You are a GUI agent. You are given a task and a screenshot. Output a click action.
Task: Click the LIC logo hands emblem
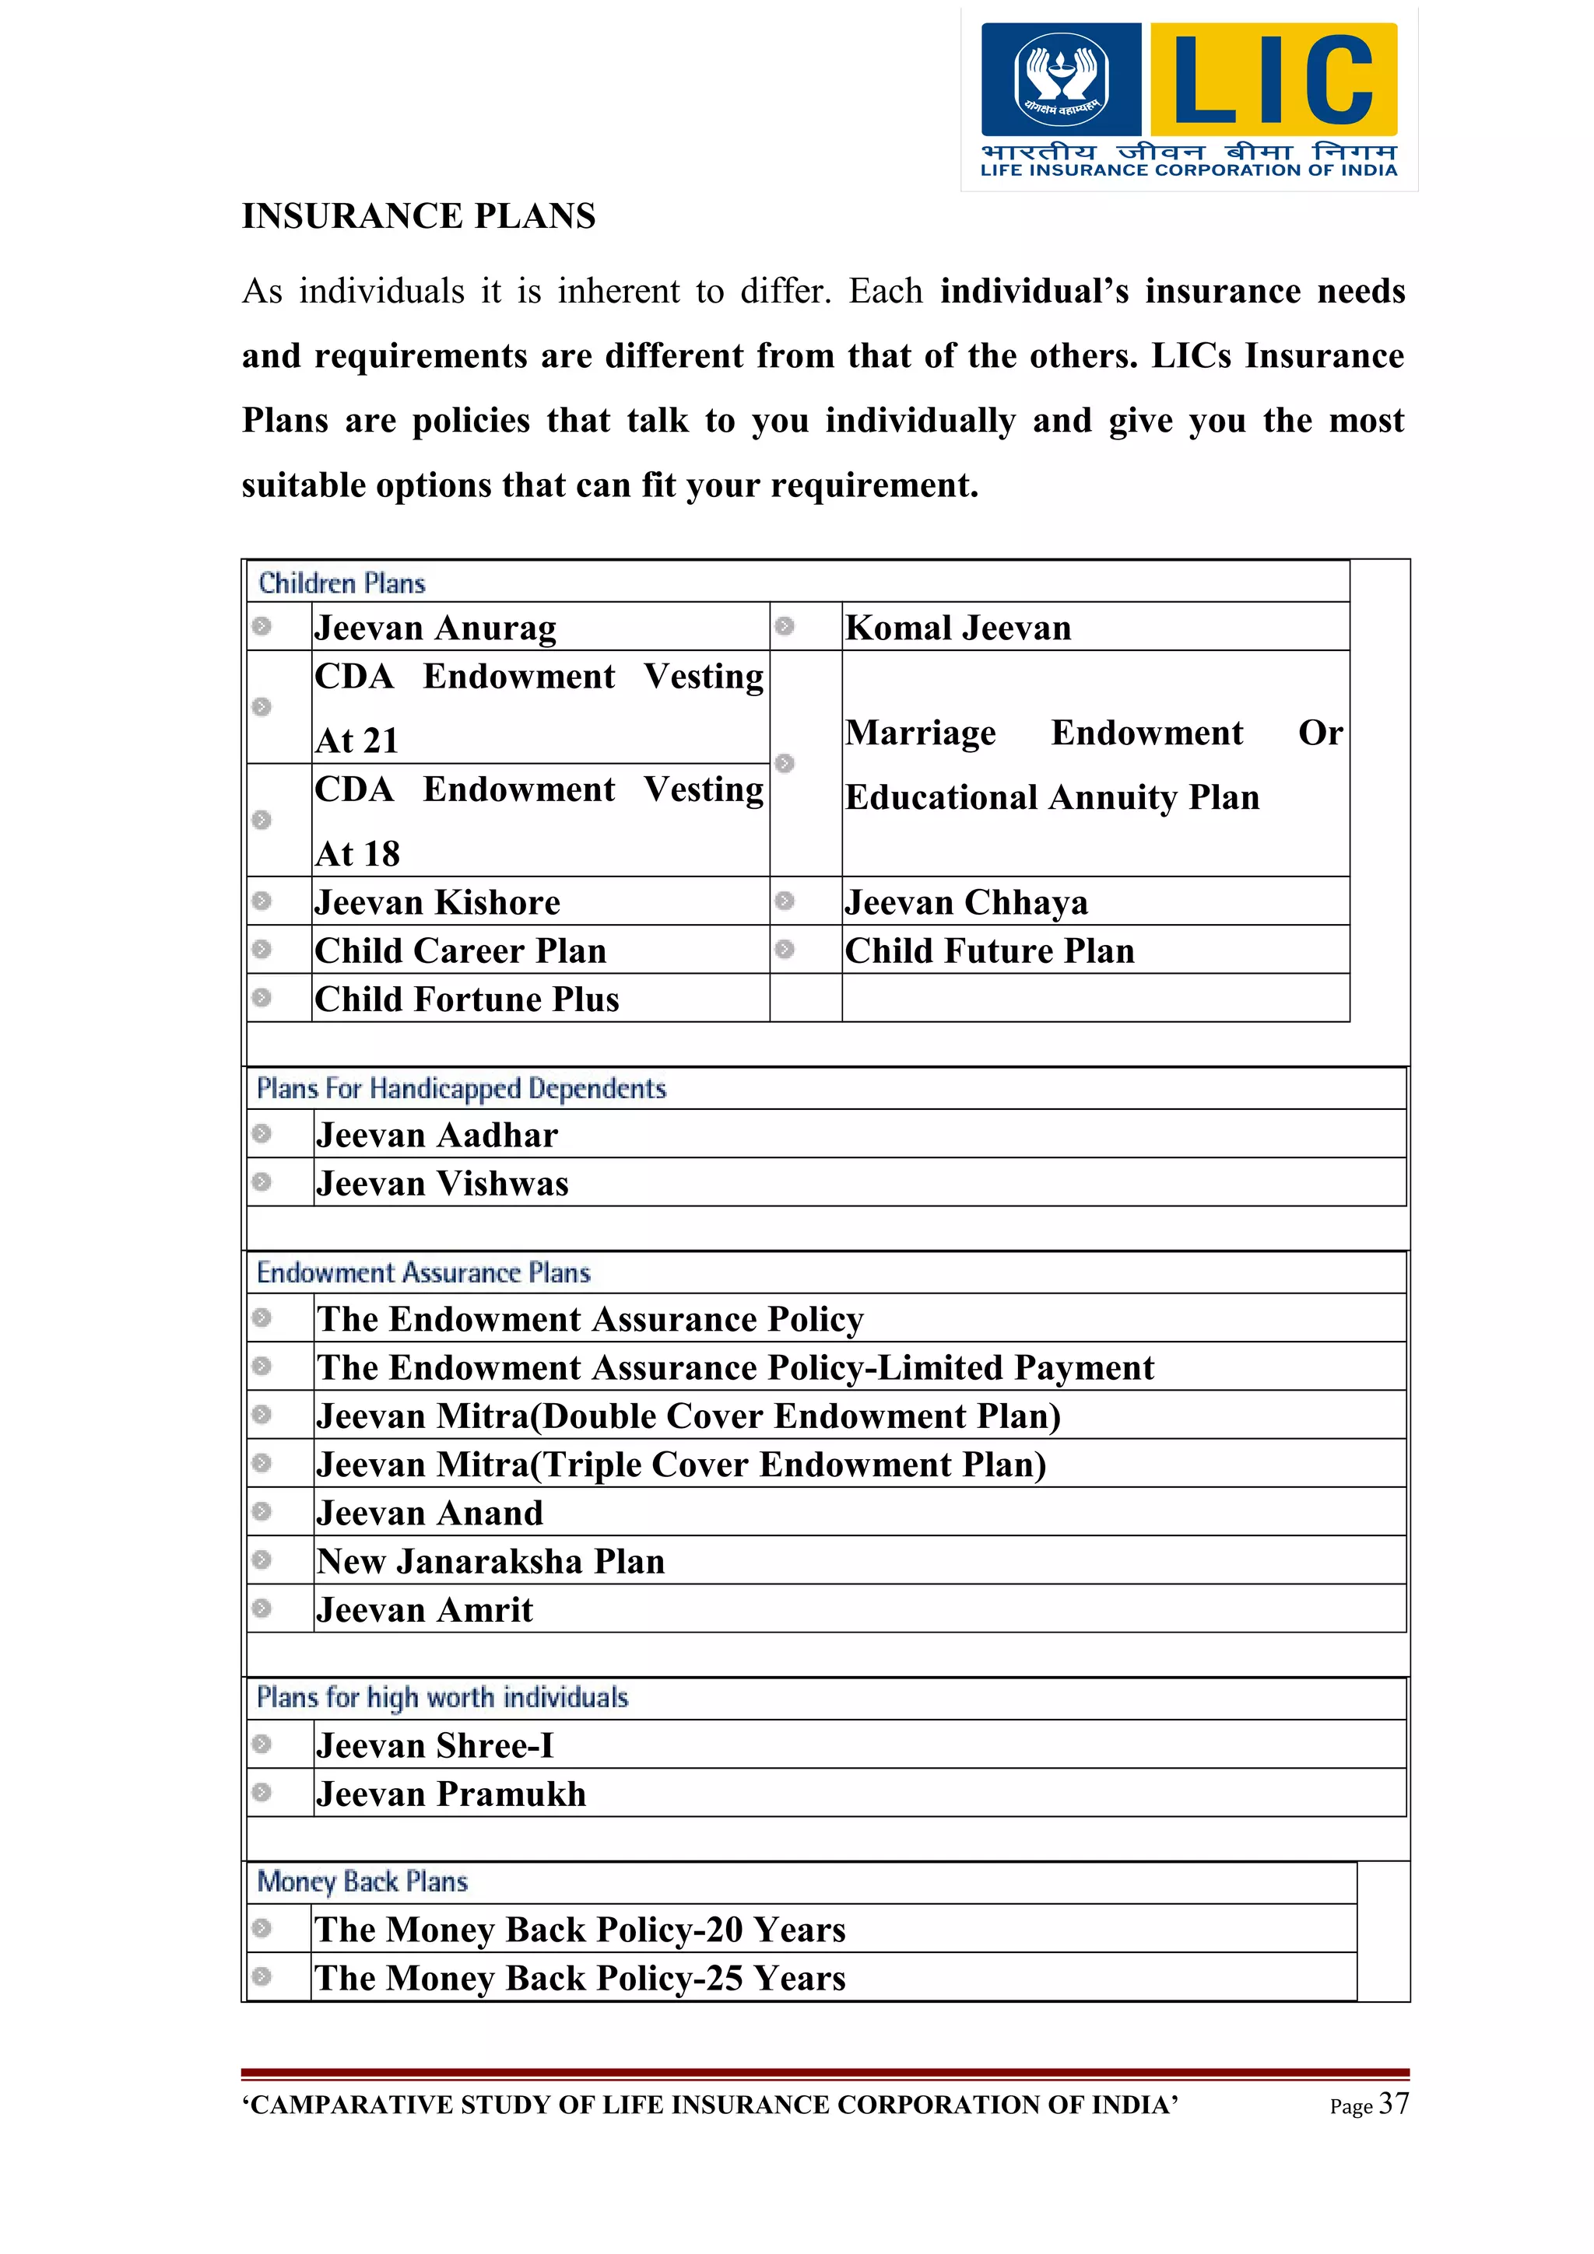[1061, 79]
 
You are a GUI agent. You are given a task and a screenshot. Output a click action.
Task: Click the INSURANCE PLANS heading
[419, 216]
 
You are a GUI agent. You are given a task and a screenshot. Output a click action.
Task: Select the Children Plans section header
[342, 583]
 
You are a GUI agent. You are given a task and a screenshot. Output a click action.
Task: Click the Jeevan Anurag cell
[435, 628]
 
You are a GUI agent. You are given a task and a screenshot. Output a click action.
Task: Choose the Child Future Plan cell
[989, 950]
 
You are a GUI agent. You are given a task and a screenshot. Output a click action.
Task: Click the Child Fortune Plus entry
[466, 999]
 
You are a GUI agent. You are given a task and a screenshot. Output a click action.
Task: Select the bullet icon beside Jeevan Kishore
[262, 900]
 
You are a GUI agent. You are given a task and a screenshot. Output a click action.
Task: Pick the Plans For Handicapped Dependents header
[461, 1088]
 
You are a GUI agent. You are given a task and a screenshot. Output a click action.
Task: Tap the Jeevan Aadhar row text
[437, 1135]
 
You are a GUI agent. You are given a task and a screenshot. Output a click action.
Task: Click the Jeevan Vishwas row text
[442, 1183]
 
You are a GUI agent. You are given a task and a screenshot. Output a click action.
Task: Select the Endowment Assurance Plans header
[423, 1272]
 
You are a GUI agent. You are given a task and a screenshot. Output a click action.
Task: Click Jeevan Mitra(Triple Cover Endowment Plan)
[680, 1464]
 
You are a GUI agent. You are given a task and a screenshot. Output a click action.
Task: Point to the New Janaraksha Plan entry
[490, 1561]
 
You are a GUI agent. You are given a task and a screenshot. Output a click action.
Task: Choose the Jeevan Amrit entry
[424, 1609]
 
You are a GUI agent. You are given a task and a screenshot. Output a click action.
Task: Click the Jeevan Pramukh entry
[451, 1794]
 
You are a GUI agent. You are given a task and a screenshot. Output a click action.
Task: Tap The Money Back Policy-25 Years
[579, 1977]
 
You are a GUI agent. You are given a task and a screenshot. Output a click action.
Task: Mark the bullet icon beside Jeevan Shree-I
[262, 1744]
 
